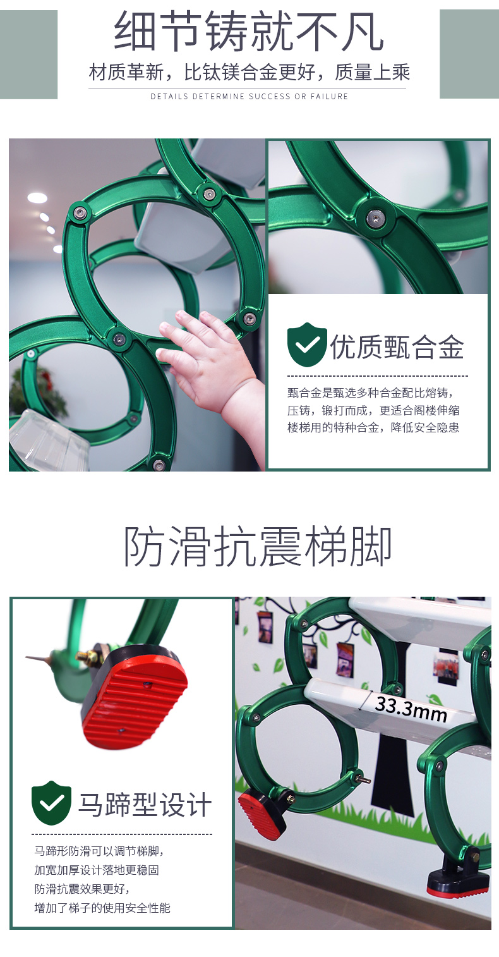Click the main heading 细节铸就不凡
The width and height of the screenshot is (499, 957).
tap(249, 32)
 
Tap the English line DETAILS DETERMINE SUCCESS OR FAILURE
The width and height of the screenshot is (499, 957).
tap(249, 97)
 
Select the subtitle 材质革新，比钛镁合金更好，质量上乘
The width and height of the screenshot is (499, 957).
tap(249, 72)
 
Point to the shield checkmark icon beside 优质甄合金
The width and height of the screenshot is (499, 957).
tap(307, 344)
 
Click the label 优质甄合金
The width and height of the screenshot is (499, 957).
tap(397, 346)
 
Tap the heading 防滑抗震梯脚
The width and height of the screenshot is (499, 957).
tap(258, 546)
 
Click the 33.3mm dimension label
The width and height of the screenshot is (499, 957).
tap(411, 710)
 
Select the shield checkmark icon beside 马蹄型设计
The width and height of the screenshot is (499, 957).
tap(51, 802)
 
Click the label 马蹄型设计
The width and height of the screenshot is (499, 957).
tap(145, 805)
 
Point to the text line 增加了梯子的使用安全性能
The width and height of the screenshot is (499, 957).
tap(102, 908)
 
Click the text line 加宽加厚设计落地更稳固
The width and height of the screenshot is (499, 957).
tap(97, 870)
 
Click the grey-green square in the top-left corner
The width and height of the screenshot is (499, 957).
tap(28, 54)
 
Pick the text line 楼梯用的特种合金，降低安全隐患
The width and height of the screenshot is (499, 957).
tap(373, 428)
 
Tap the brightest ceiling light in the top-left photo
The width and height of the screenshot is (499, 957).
tap(37, 198)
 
